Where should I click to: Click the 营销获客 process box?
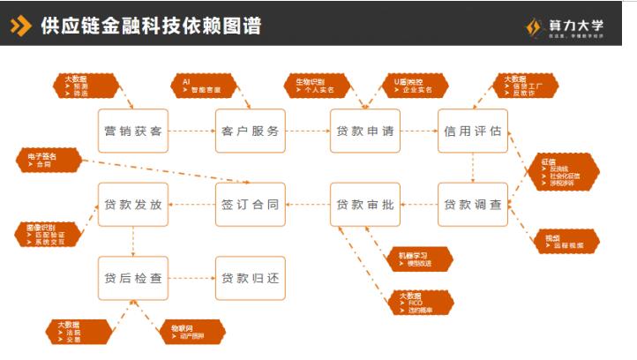pyautogui.click(x=132, y=131)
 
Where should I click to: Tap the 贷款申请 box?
pyautogui.click(x=364, y=131)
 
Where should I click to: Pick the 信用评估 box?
pyautogui.click(x=473, y=131)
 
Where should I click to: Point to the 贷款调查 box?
pyautogui.click(x=473, y=205)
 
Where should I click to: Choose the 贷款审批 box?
pyautogui.click(x=364, y=205)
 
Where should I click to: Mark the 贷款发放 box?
pyautogui.click(x=132, y=205)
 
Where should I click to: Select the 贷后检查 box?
pyautogui.click(x=132, y=279)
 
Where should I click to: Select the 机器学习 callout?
pyautogui.click(x=419, y=259)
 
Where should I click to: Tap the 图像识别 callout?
pyautogui.click(x=50, y=232)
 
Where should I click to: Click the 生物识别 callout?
pyautogui.click(x=316, y=86)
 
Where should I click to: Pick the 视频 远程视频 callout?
pyautogui.click(x=566, y=241)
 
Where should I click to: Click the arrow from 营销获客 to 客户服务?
pyautogui.click(x=191, y=131)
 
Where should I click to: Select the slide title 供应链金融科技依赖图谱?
pyautogui.click(x=150, y=25)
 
